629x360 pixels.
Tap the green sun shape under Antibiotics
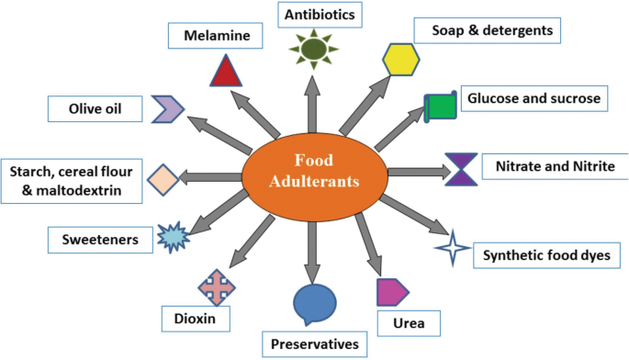coord(314,49)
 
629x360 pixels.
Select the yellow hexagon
coord(400,60)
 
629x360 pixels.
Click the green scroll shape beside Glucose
coord(441,107)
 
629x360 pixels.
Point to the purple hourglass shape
coord(461,169)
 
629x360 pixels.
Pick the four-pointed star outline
coord(453,248)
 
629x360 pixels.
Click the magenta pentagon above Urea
coord(392,292)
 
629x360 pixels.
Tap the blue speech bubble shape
coord(314,304)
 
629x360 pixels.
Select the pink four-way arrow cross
coord(217,287)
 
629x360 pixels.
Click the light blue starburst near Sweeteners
coord(173,237)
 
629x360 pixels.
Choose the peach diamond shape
coord(163,180)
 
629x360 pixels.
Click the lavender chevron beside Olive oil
coord(168,108)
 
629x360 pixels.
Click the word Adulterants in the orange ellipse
coord(314,181)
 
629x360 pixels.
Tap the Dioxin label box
coord(196,319)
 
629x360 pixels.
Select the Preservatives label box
coord(314,344)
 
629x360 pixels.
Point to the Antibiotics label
coord(320,15)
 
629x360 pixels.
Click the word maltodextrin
coord(79,190)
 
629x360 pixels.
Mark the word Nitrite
coord(594,166)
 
